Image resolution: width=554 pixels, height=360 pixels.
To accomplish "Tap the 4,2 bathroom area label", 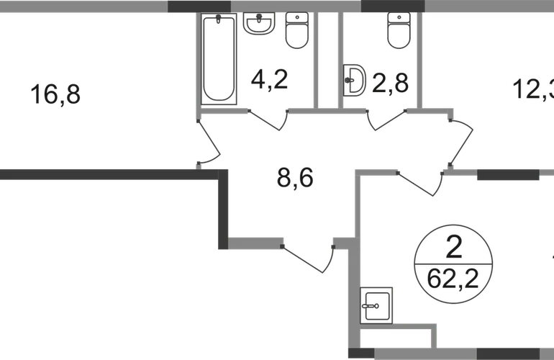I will tap(268, 79).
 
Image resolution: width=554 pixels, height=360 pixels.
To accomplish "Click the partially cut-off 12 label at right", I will tap(532, 91).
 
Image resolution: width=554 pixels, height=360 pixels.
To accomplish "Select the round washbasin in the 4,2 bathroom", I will tap(257, 25).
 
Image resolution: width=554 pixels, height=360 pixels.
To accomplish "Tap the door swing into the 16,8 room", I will tap(208, 144).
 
